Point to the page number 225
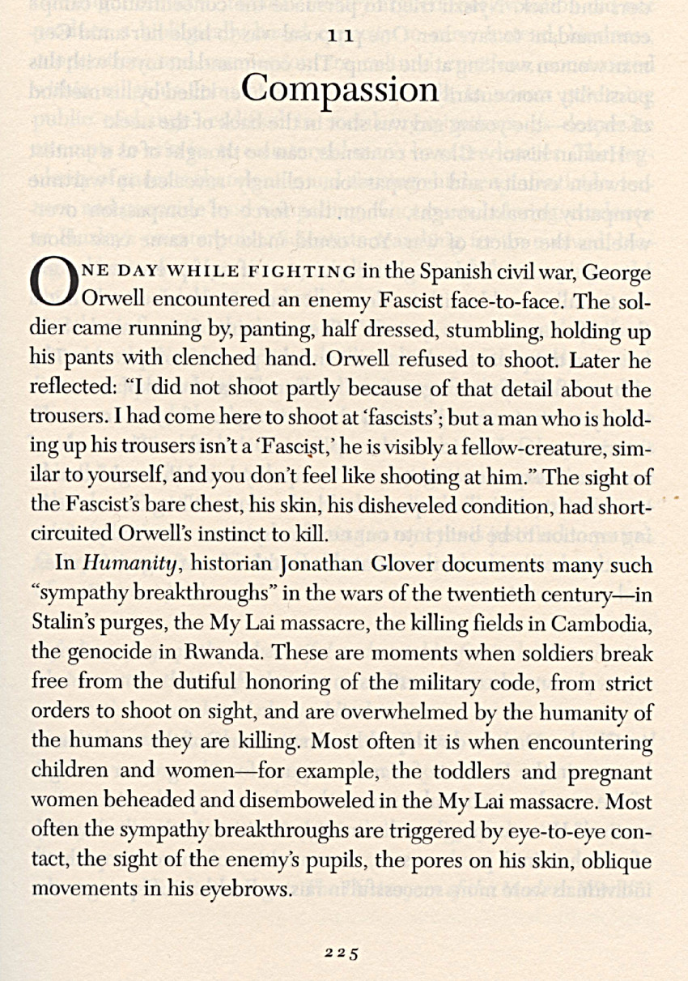click(342, 953)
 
